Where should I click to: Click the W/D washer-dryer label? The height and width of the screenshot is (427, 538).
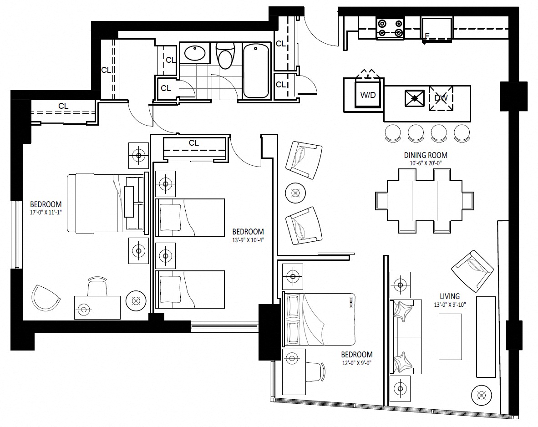tap(368, 95)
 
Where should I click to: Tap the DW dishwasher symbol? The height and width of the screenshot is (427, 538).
tap(441, 98)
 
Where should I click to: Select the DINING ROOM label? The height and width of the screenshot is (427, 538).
tap(426, 155)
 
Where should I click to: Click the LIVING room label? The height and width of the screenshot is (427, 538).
tap(450, 296)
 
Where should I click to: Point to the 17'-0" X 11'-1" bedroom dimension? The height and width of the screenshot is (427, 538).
tap(46, 213)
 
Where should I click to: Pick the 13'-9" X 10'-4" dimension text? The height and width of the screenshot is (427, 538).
tap(248, 240)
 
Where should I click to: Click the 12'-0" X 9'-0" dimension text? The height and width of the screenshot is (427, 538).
tap(356, 363)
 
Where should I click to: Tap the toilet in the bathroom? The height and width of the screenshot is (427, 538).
tap(225, 55)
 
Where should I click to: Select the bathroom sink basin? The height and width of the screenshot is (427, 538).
tap(195, 53)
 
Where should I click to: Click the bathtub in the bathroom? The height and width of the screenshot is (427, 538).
tap(256, 71)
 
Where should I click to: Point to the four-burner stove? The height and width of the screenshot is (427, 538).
tap(390, 28)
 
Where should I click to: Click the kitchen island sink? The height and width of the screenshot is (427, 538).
tap(415, 98)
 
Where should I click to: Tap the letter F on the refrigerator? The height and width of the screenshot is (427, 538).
tap(427, 36)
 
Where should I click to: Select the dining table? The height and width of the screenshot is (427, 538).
tap(424, 201)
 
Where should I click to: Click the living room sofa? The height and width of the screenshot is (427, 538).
tap(406, 336)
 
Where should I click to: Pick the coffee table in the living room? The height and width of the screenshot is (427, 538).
tap(450, 336)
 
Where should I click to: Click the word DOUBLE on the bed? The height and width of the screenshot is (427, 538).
tap(351, 302)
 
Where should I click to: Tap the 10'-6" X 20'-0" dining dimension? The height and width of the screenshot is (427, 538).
tap(426, 163)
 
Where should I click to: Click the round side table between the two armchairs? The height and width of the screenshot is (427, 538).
tap(295, 193)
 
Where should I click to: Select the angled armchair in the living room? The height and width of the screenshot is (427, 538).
tap(472, 271)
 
